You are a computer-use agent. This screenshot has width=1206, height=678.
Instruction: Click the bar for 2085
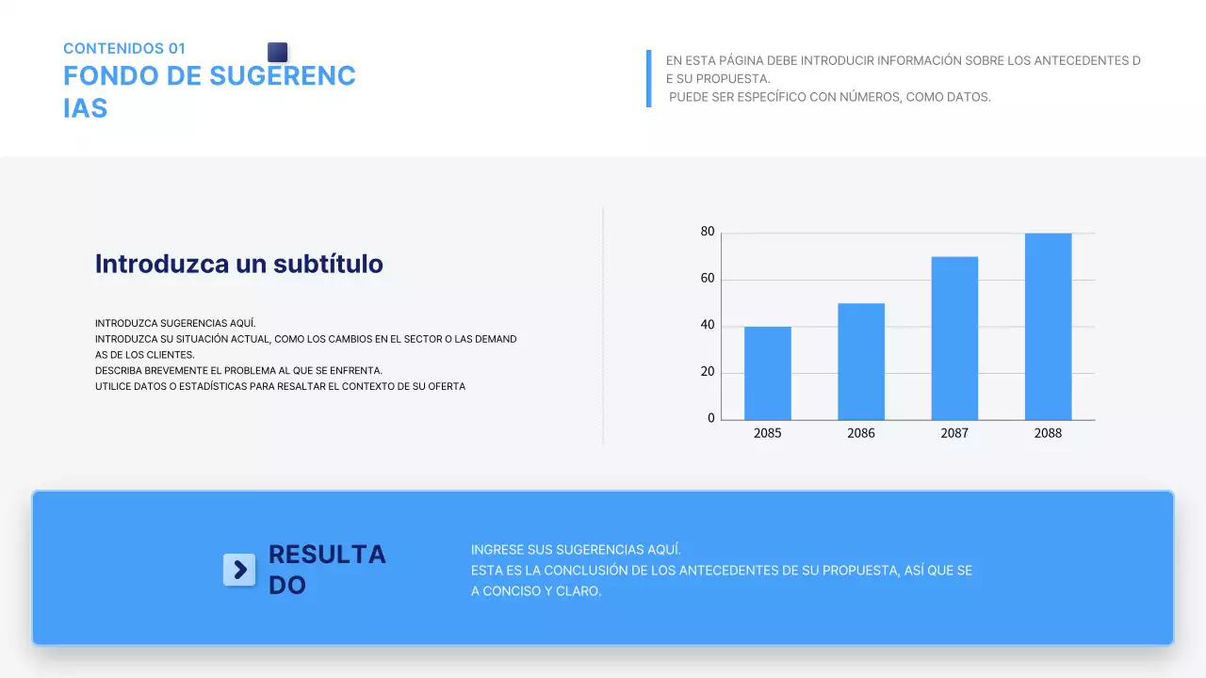767,373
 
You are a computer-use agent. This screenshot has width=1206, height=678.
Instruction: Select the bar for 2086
860,362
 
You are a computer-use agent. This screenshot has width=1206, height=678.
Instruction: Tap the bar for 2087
954,338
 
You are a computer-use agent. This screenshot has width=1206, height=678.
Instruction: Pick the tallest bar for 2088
1048,326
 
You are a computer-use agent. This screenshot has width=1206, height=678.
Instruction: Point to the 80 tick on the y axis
708,232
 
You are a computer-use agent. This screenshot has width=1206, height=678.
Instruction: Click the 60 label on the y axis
708,279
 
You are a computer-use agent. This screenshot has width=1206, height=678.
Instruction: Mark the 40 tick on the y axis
708,326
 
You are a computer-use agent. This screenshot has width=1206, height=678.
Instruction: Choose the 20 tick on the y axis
708,372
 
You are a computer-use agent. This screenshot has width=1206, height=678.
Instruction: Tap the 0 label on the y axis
711,419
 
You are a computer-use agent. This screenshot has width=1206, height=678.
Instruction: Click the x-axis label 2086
860,433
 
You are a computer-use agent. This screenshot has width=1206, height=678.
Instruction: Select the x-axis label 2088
1048,433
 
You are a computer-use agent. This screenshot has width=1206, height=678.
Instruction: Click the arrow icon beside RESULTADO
239,569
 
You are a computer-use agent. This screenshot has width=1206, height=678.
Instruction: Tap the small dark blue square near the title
277,52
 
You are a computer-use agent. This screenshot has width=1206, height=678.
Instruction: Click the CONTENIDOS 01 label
124,48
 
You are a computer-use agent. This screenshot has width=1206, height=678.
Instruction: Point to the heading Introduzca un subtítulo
239,264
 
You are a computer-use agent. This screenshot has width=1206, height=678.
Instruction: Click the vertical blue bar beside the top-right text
648,78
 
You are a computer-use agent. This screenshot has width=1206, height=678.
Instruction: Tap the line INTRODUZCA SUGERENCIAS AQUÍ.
175,323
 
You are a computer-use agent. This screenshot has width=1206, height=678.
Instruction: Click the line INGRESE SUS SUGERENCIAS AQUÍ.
576,549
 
